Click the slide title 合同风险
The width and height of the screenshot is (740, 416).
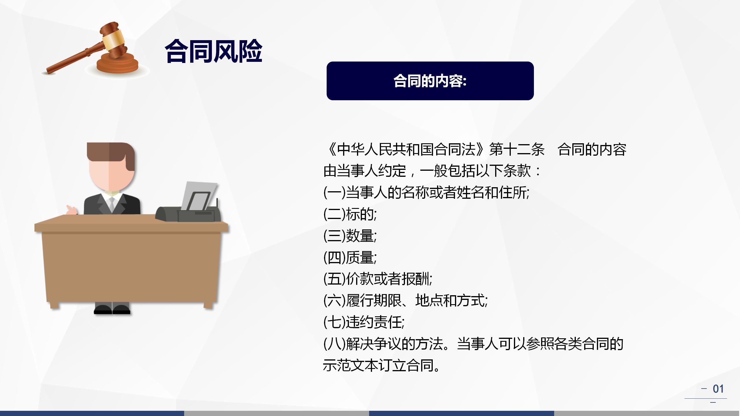click(x=213, y=51)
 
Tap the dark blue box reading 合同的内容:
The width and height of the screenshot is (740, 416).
click(x=430, y=81)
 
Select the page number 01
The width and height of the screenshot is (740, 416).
click(x=718, y=389)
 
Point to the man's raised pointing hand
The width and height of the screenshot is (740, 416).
click(x=71, y=210)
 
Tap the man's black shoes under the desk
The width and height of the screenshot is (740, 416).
click(x=112, y=310)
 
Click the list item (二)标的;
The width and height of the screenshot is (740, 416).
click(x=350, y=214)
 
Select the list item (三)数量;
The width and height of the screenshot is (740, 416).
click(x=350, y=236)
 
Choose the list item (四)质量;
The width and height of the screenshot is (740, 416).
click(x=350, y=257)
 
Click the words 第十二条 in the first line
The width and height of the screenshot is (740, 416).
click(x=517, y=150)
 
